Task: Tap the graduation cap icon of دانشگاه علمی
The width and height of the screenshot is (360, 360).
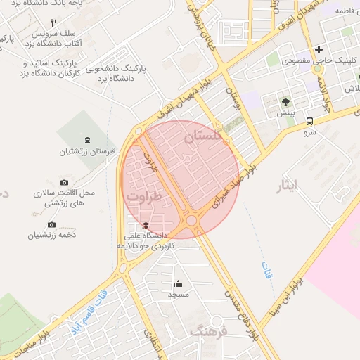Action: tap(146, 225)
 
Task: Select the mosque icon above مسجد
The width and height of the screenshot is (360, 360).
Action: tap(178, 284)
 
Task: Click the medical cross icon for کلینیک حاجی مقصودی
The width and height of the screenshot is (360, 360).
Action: tap(319, 49)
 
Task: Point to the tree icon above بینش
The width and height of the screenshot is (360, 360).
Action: tap(285, 102)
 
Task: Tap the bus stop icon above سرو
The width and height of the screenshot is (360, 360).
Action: tap(309, 121)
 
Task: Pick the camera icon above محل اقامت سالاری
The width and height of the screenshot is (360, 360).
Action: tap(65, 182)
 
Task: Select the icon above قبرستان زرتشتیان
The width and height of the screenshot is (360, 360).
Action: tap(86, 141)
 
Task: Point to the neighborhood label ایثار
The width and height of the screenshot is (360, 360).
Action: tap(288, 186)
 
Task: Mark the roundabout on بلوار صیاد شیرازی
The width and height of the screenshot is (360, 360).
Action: tap(191, 221)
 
